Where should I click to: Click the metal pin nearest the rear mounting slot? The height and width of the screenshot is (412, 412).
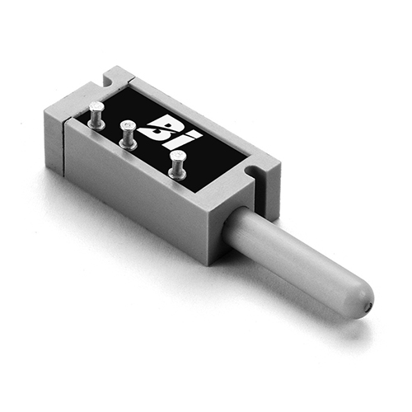click(x=96, y=115)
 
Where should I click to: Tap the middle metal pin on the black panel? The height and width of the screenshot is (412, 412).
click(x=128, y=135)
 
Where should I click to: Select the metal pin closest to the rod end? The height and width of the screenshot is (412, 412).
click(x=178, y=166)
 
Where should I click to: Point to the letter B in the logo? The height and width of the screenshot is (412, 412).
click(x=162, y=126)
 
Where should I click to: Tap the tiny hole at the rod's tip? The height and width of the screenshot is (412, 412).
click(x=370, y=304)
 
